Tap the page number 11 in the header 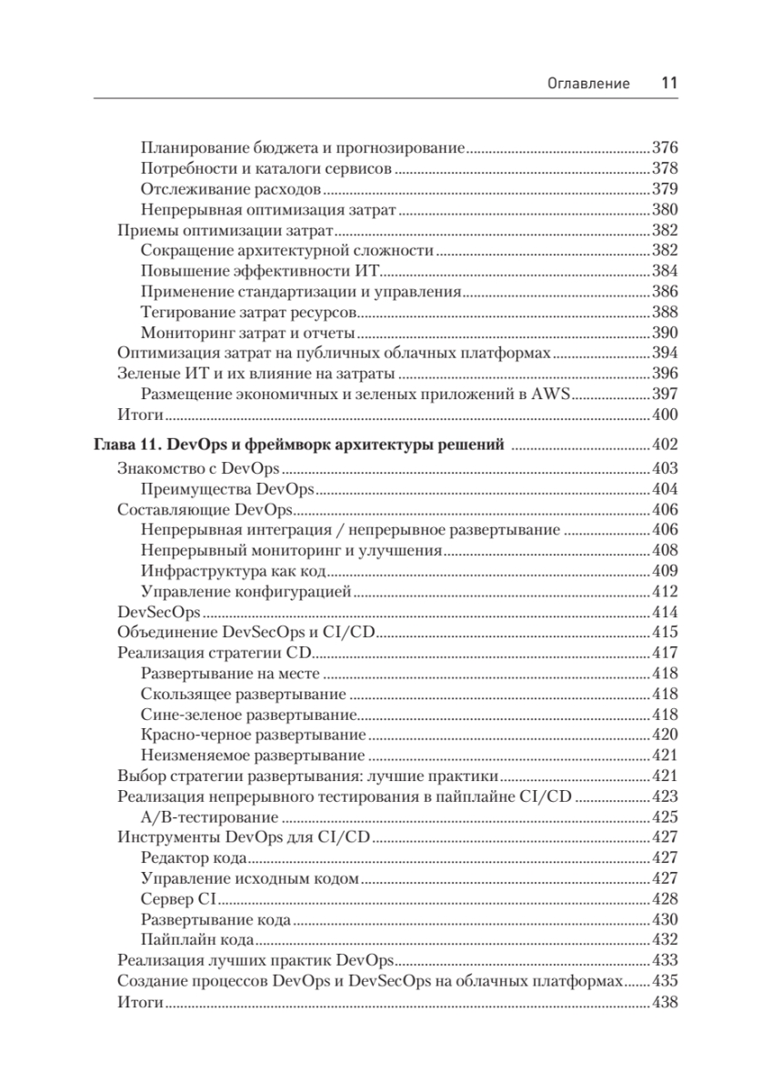(668, 83)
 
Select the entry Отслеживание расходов (231, 189)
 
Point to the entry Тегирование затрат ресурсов (243, 311)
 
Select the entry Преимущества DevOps (228, 488)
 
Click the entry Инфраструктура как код (234, 572)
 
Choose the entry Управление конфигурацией (246, 593)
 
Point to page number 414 (665, 612)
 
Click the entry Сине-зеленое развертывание (248, 714)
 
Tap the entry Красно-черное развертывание (254, 734)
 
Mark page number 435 (665, 982)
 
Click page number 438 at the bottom (665, 1003)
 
